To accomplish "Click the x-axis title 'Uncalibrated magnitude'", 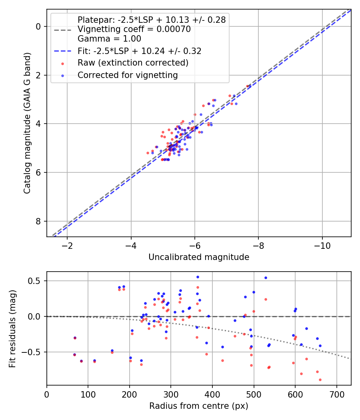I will pos(199,257).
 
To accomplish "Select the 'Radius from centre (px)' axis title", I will pos(199,406).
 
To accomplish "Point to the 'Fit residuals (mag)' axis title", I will pos(12,328).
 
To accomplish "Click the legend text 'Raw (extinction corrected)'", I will pos(133,63).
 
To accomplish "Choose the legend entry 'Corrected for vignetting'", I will pos(128,75).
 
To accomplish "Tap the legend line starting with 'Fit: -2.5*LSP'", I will pos(139,51).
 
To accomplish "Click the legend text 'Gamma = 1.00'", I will pos(109,39).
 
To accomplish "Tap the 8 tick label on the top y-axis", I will pos(38,221).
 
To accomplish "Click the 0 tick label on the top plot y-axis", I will pos(38,26).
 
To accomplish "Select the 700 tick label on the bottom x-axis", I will pos(336,394).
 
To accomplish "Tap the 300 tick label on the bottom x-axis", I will pos(171,394).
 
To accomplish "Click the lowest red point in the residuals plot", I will pos(320,380).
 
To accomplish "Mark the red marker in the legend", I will pos(62,63).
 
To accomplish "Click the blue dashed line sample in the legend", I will pos(63,51).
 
